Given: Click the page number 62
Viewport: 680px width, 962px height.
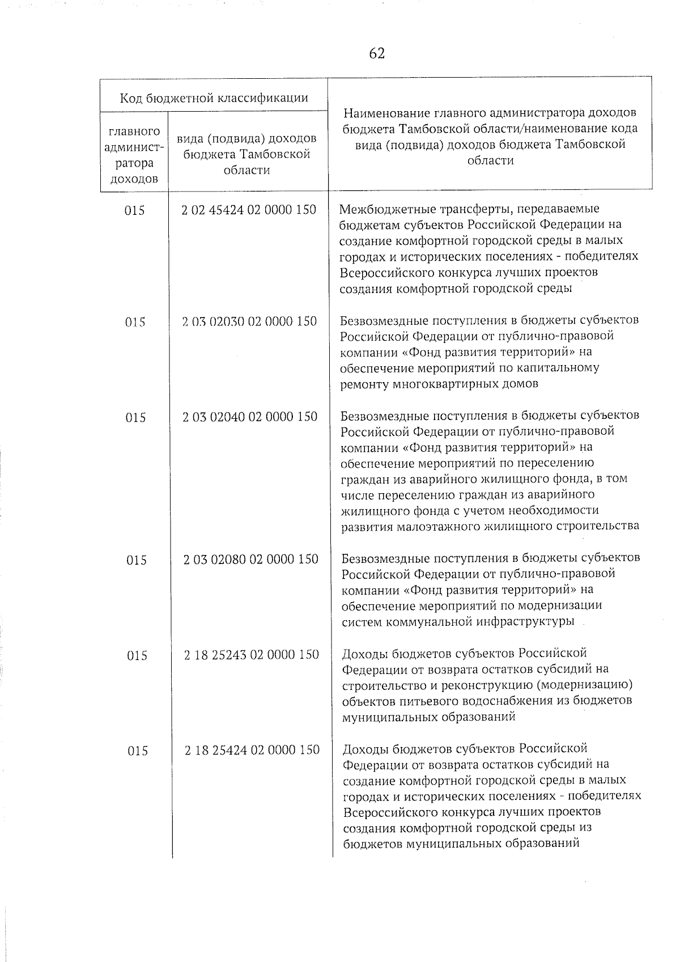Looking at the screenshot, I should pos(377,53).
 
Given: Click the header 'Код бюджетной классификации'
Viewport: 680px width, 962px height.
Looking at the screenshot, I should pos(214,98).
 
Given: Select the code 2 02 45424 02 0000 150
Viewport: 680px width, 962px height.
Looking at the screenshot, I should pos(248,210).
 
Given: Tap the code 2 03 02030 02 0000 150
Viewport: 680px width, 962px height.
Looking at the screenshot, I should pos(249,321).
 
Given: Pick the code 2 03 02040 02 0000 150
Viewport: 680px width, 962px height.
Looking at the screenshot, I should pos(250,417).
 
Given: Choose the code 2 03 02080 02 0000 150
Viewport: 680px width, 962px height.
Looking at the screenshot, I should pos(250,559).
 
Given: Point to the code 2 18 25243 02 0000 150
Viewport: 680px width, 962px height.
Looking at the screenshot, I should pos(252,655).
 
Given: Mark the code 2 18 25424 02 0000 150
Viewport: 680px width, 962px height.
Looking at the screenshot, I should pos(252,750).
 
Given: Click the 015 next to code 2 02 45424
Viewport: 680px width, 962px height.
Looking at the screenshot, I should pos(135,211).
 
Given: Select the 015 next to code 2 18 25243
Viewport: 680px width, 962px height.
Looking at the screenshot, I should pos(137,656).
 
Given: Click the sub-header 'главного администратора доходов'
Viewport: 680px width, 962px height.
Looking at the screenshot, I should pos(134,155).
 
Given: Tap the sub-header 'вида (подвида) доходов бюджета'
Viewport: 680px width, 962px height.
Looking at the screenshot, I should pos(246,154).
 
